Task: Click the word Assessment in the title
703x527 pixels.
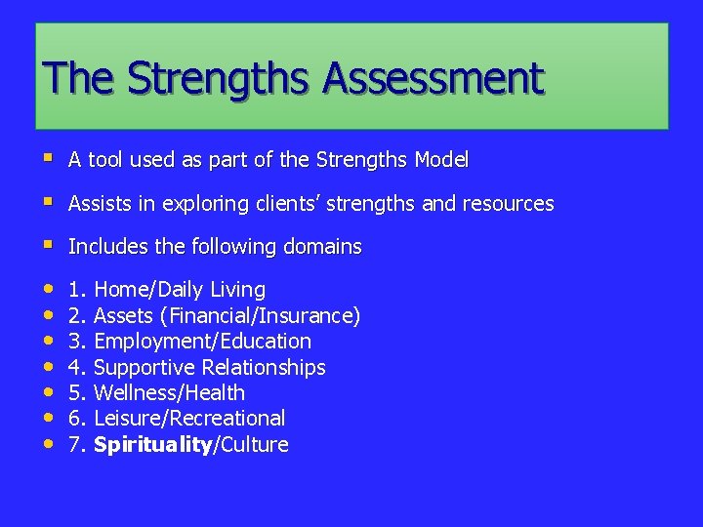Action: (435, 78)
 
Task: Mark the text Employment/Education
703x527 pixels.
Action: (202, 342)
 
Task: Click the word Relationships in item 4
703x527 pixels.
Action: (264, 368)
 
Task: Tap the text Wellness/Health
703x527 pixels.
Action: (169, 393)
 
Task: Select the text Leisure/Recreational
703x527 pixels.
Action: (189, 419)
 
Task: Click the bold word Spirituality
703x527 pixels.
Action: (152, 445)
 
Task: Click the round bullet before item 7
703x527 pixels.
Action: (49, 444)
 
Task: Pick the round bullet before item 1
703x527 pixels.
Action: (49, 289)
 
